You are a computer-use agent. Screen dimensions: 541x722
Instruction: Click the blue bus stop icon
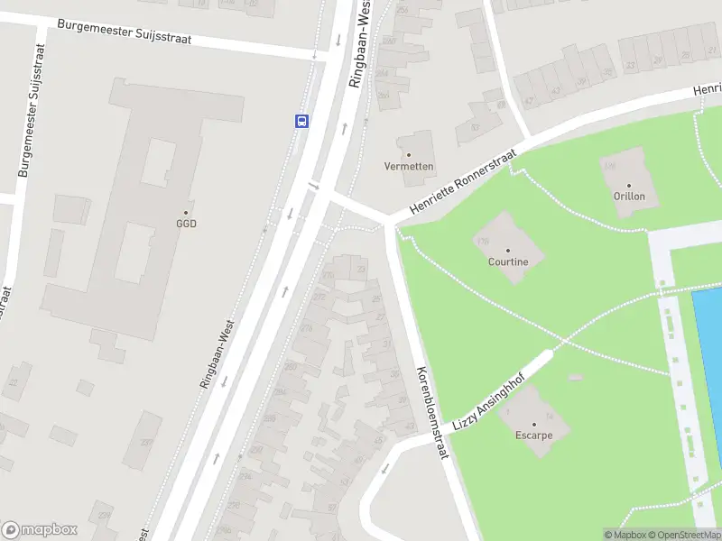point(301,121)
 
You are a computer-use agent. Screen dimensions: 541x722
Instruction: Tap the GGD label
point(186,224)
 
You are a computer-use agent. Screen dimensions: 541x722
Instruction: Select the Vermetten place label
point(409,167)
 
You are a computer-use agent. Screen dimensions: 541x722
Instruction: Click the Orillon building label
point(629,196)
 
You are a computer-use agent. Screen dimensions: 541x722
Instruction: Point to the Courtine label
point(507,262)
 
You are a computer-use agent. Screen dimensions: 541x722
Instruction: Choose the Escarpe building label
point(533,435)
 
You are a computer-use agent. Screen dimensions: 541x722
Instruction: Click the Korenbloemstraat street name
point(431,414)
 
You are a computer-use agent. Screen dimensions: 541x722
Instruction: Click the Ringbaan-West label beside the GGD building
point(218,353)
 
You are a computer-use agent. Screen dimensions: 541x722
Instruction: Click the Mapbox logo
point(40,530)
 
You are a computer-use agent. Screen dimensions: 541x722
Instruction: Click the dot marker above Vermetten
point(409,155)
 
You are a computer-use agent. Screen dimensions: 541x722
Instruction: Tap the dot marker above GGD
point(187,212)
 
